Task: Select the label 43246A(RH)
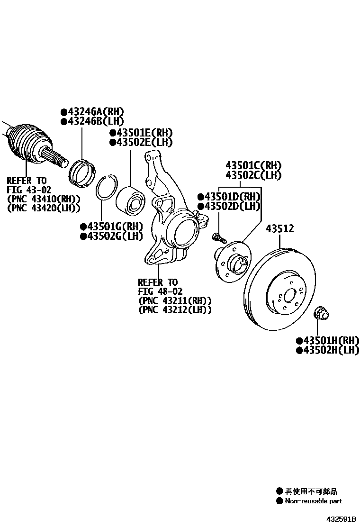92,112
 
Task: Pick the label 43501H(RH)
327,341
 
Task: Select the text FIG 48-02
160,291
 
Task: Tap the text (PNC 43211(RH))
174,300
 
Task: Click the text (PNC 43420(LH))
44,208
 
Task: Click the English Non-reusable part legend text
313,501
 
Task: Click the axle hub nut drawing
323,314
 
